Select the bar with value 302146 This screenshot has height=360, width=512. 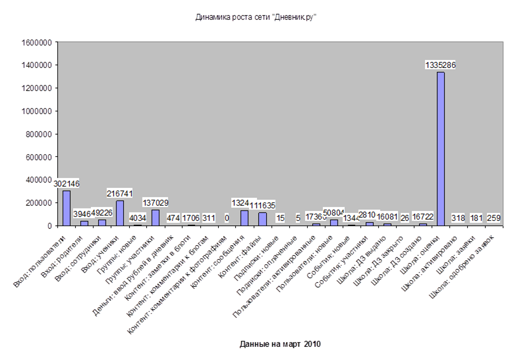click(67, 208)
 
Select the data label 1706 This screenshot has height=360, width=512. click(191, 218)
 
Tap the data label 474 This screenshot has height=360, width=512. click(173, 218)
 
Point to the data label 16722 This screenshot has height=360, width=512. click(422, 217)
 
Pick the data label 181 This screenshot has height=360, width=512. click(476, 218)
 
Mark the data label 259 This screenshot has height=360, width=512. click(494, 218)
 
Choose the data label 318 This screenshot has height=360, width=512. click(458, 218)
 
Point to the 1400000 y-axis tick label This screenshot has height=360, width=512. click(37, 66)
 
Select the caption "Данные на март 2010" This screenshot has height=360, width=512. click(279, 344)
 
